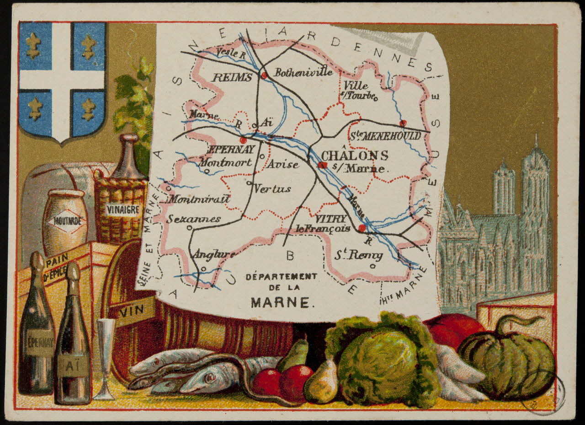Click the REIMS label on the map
232,77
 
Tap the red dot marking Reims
264,75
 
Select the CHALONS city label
355,155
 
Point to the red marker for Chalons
323,165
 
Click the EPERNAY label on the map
231,149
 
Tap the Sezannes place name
193,219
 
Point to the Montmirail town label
199,199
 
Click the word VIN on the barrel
129,313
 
